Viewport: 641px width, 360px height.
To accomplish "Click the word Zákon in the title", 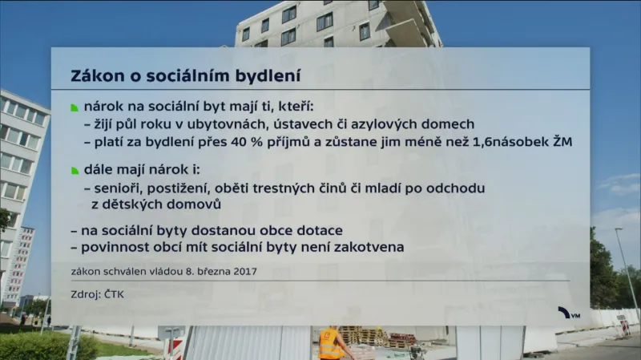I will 95,77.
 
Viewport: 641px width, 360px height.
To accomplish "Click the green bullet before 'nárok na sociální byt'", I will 75,107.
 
